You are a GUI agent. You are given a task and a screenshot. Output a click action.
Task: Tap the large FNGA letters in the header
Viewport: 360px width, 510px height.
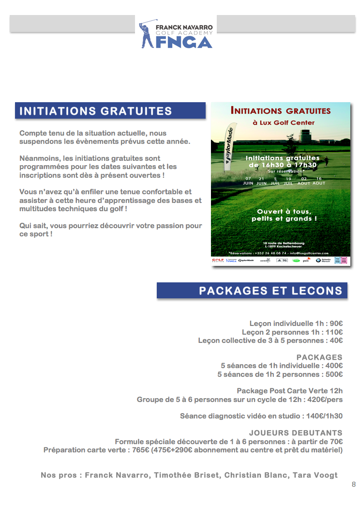tap(184, 42)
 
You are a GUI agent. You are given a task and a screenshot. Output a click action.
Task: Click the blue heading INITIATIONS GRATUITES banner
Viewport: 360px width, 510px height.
tap(110, 111)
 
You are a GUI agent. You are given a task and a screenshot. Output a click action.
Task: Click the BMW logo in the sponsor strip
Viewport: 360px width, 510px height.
tap(318, 260)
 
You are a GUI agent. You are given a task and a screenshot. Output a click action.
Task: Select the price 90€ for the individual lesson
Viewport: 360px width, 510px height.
tap(333, 323)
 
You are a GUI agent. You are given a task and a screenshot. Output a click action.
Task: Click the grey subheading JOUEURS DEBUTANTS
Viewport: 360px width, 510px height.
tap(296, 433)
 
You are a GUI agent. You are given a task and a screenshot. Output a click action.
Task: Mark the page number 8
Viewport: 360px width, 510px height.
tap(354, 484)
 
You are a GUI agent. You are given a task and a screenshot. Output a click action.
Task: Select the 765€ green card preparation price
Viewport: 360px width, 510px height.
tap(141, 450)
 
